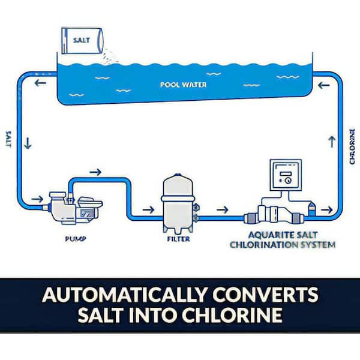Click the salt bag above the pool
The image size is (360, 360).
pos(82,42)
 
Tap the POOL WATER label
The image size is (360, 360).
pos(183,85)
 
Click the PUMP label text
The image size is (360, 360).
pos(75,238)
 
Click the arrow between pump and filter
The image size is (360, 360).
pos(146,210)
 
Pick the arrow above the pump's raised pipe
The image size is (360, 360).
pos(95,172)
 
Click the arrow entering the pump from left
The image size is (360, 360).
pos(37,198)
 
